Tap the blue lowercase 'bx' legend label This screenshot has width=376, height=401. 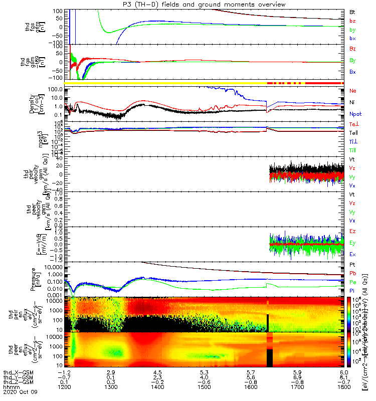[352, 39]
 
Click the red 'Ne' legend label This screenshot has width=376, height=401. [352, 91]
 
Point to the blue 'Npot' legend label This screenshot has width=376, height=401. [354, 114]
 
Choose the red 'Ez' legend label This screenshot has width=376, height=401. [352, 232]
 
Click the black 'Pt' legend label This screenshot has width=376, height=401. [352, 264]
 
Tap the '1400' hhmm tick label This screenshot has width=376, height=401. [157, 388]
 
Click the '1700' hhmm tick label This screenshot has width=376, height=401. [297, 388]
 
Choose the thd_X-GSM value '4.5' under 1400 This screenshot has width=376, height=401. [157, 373]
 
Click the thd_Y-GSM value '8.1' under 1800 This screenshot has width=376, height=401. [343, 378]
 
